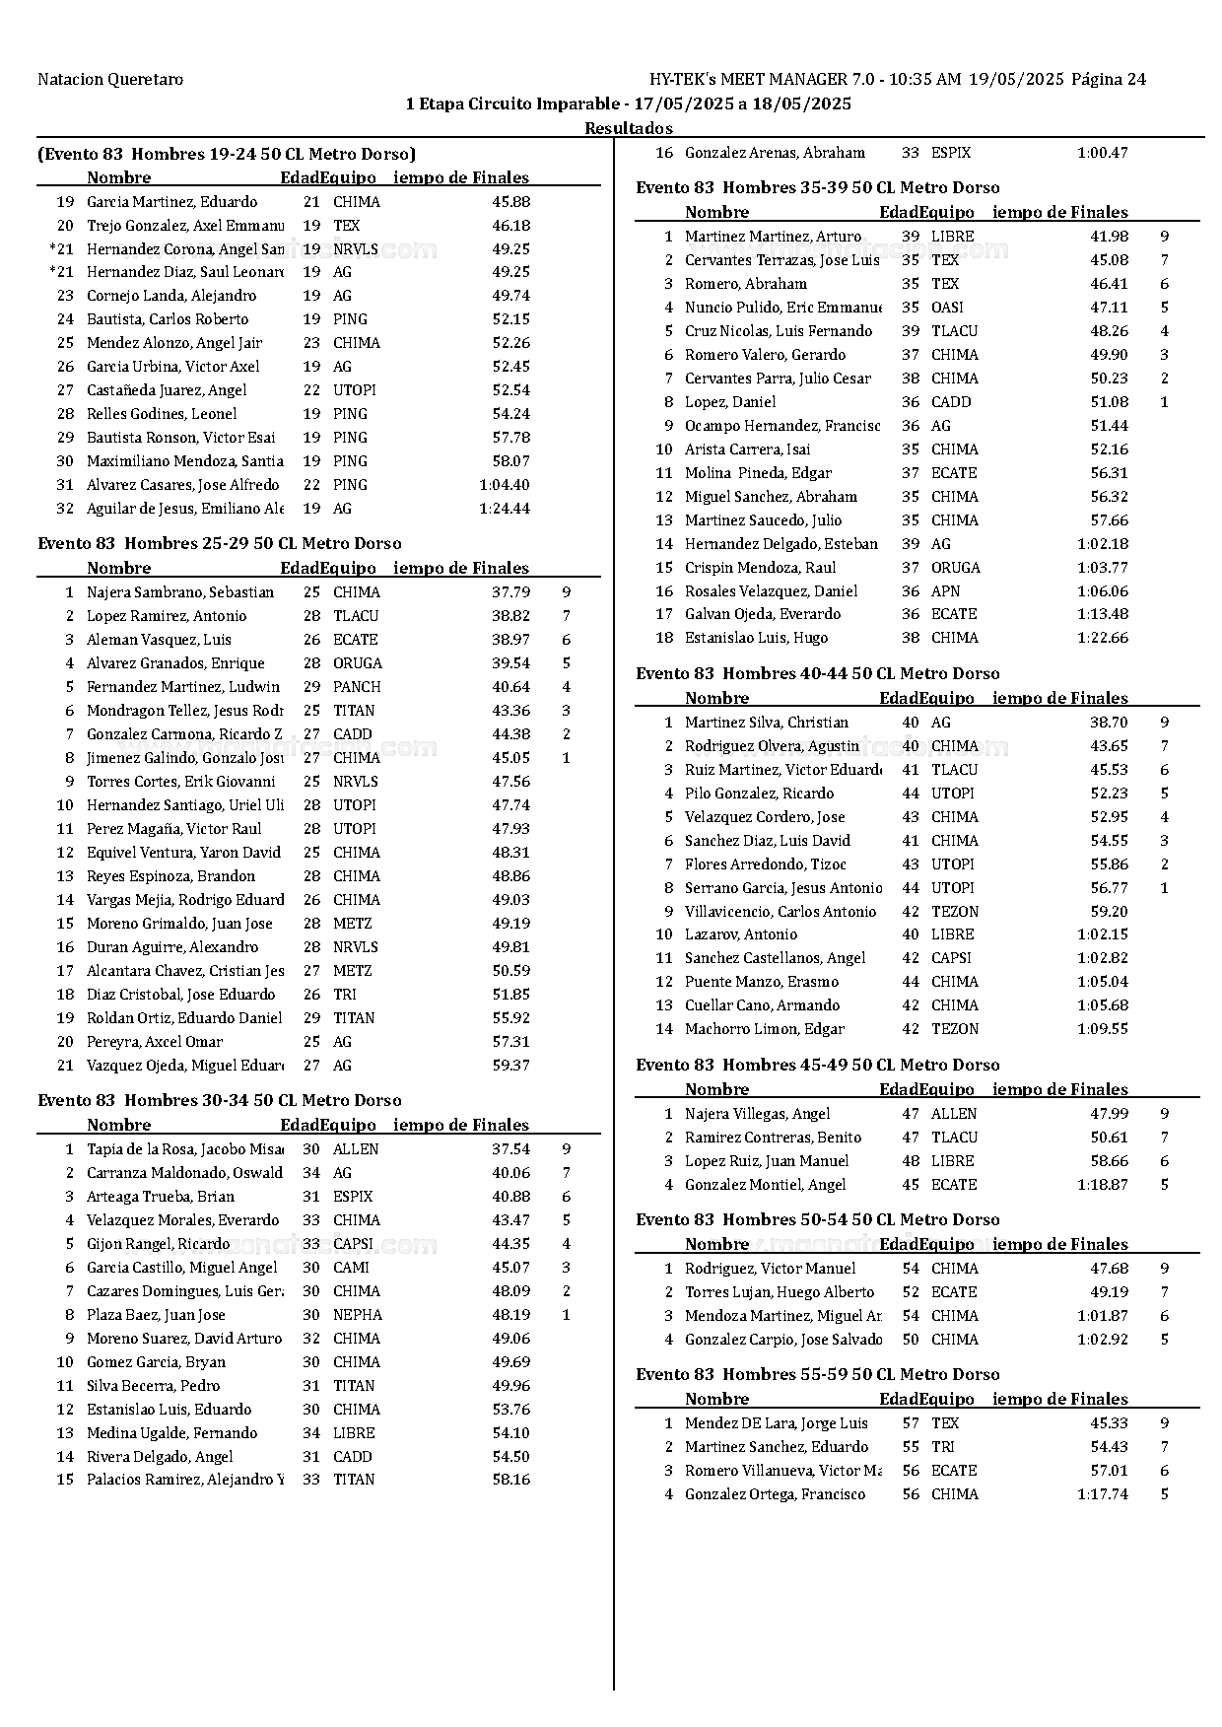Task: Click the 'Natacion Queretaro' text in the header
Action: tap(110, 80)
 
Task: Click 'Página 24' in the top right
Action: tap(1109, 80)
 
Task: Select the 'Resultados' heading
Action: tap(628, 128)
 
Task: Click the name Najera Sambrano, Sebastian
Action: tap(180, 592)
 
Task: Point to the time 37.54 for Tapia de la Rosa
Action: tap(510, 1149)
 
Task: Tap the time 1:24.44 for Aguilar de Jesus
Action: tap(504, 509)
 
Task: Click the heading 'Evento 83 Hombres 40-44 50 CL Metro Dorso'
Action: tap(817, 674)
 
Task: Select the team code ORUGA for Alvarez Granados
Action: tap(357, 663)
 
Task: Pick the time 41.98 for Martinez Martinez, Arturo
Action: tap(1109, 237)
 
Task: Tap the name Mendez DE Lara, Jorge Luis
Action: tap(777, 1423)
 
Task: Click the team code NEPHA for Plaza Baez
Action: tap(357, 1315)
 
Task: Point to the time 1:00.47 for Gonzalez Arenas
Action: tap(1102, 153)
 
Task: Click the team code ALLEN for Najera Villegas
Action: tap(954, 1114)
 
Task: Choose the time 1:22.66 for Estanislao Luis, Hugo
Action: tap(1102, 638)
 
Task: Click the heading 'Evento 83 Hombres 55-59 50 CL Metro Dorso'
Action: tap(817, 1375)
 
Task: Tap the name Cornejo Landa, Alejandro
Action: tap(171, 296)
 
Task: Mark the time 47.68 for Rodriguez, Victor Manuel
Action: tap(1109, 1269)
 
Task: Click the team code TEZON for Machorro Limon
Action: tap(955, 1029)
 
